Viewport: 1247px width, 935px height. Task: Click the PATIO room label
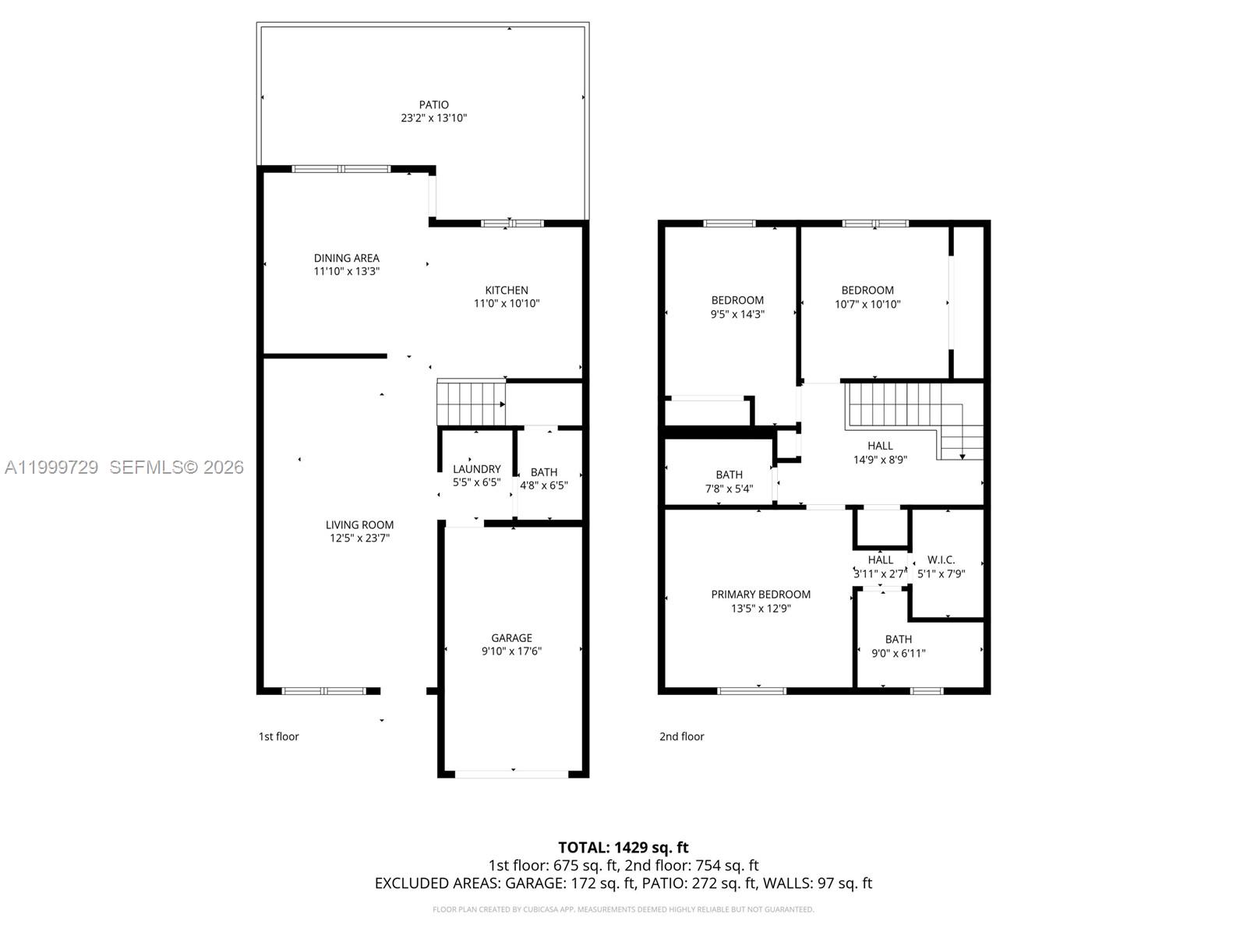click(x=433, y=104)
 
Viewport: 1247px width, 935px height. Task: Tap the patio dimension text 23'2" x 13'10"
click(x=433, y=118)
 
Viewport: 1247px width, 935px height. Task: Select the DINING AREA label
click(x=347, y=258)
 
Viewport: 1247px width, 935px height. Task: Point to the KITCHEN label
click(x=506, y=290)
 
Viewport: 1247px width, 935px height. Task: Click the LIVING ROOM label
click(x=359, y=525)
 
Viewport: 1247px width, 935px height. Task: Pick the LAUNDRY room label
click(x=477, y=469)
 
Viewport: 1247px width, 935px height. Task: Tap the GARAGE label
click(x=511, y=638)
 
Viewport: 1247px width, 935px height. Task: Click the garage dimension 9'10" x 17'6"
click(x=511, y=651)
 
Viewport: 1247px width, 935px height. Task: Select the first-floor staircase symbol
click(x=471, y=404)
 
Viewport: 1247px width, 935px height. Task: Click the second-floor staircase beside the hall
click(x=915, y=421)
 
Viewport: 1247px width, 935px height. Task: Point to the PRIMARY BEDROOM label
click(x=761, y=595)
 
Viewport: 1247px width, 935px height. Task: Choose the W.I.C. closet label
click(x=941, y=559)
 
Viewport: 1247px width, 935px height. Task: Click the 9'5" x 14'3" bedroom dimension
click(x=737, y=314)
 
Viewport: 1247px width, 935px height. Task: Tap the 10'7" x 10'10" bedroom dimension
click(x=867, y=305)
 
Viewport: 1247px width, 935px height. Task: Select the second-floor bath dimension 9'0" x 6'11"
click(x=898, y=654)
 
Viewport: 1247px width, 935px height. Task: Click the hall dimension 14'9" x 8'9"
click(x=880, y=460)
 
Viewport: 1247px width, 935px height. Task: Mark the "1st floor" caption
click(x=278, y=736)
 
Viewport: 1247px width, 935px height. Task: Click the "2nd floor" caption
click(x=681, y=736)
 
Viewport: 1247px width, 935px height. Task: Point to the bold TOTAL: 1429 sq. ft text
click(x=623, y=848)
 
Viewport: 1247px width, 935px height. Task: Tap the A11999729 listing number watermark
click(x=51, y=467)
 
